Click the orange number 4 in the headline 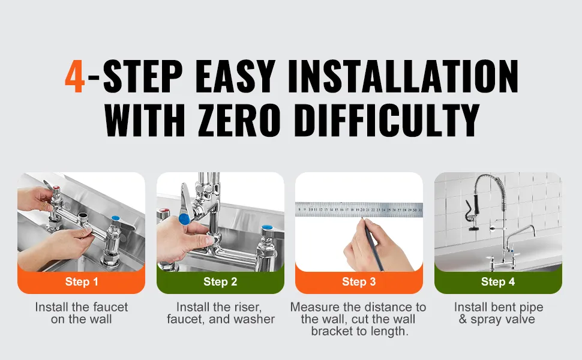(x=75, y=76)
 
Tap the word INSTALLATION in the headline (x=403, y=76)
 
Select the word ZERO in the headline (x=239, y=119)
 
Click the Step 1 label (x=82, y=281)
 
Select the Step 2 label (x=220, y=281)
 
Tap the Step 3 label (x=359, y=281)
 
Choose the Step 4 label (x=498, y=281)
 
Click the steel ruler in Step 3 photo (x=359, y=209)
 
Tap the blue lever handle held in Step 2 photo (x=184, y=218)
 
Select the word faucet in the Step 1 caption (x=110, y=307)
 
